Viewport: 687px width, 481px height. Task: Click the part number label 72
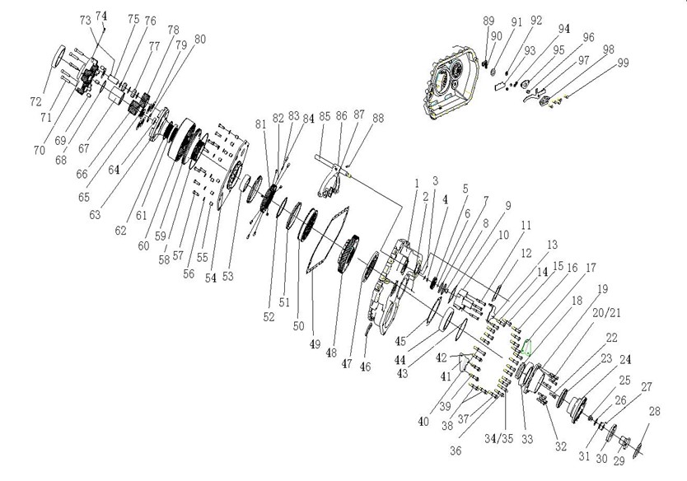(x=35, y=101)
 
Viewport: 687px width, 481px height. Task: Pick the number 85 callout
(x=324, y=116)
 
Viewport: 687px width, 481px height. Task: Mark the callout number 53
(x=228, y=277)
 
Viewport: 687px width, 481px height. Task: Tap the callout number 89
(x=488, y=21)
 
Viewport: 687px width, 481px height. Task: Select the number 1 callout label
(x=417, y=182)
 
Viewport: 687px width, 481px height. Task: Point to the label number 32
(x=561, y=447)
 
